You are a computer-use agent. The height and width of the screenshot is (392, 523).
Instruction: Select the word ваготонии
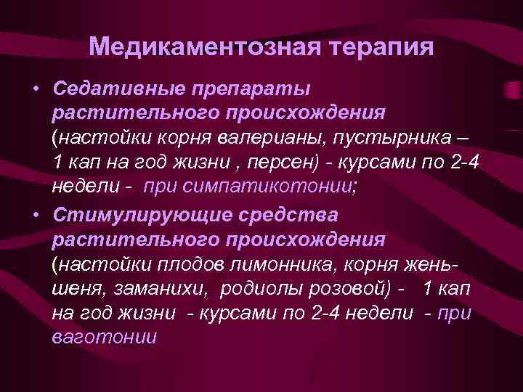coord(104,338)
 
